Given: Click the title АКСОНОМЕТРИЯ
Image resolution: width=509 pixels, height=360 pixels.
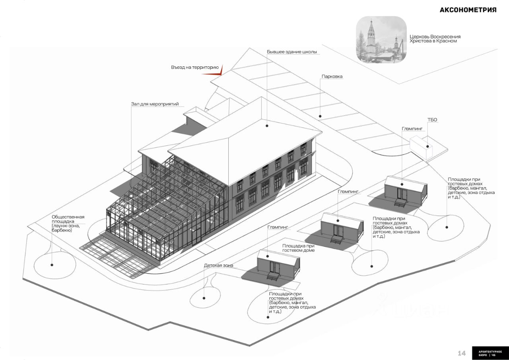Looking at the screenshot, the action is click(x=468, y=10).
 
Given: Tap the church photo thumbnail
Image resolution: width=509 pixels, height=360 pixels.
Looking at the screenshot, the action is click(x=381, y=39).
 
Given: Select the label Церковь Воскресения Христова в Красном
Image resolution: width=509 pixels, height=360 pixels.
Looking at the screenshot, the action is click(x=435, y=39).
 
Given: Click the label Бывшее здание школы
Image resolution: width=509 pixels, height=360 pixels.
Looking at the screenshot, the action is click(x=291, y=52).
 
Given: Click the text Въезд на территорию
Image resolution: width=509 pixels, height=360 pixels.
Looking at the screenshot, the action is click(x=195, y=68).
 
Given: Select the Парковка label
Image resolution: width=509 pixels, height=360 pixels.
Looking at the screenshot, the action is click(x=332, y=77).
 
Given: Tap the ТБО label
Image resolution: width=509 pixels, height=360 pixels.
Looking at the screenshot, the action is click(x=432, y=120).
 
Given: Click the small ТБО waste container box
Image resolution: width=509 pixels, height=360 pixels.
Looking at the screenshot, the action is click(x=421, y=147).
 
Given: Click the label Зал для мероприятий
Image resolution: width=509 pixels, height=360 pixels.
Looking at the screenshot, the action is click(x=155, y=104).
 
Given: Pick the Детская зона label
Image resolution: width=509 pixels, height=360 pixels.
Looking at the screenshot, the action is click(x=218, y=265).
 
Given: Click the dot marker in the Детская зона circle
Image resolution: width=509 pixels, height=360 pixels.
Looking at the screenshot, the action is click(x=204, y=298).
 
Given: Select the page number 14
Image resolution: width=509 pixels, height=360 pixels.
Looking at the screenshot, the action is click(x=462, y=353).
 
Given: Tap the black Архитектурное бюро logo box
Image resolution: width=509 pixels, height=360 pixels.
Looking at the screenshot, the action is click(x=490, y=353).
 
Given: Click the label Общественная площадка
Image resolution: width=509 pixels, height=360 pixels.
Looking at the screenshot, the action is click(x=68, y=219).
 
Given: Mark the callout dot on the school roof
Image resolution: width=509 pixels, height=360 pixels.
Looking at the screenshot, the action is click(x=267, y=126).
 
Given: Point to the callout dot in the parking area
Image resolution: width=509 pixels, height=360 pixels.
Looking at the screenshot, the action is click(x=320, y=116).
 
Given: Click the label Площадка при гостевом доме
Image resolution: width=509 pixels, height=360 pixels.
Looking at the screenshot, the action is click(x=298, y=248).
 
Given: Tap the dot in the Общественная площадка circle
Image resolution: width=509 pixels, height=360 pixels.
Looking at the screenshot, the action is click(x=52, y=265).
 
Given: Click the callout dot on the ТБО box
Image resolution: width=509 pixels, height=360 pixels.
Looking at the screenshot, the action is click(x=427, y=146).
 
